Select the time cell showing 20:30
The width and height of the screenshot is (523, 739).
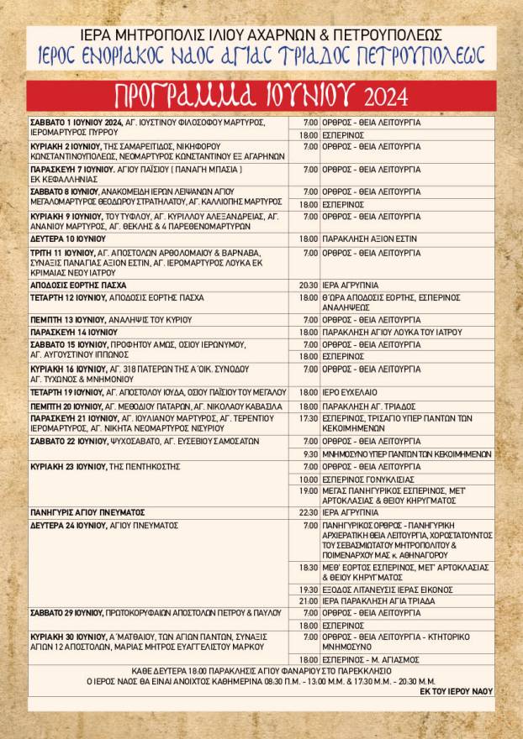(308, 285)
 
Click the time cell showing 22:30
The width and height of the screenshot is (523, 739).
(308, 511)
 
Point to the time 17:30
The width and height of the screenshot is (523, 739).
(308, 417)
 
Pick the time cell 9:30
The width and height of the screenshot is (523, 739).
(309, 453)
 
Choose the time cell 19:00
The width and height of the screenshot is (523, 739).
(308, 490)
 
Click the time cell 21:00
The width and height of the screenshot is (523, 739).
(308, 600)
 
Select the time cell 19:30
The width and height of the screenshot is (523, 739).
(308, 589)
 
